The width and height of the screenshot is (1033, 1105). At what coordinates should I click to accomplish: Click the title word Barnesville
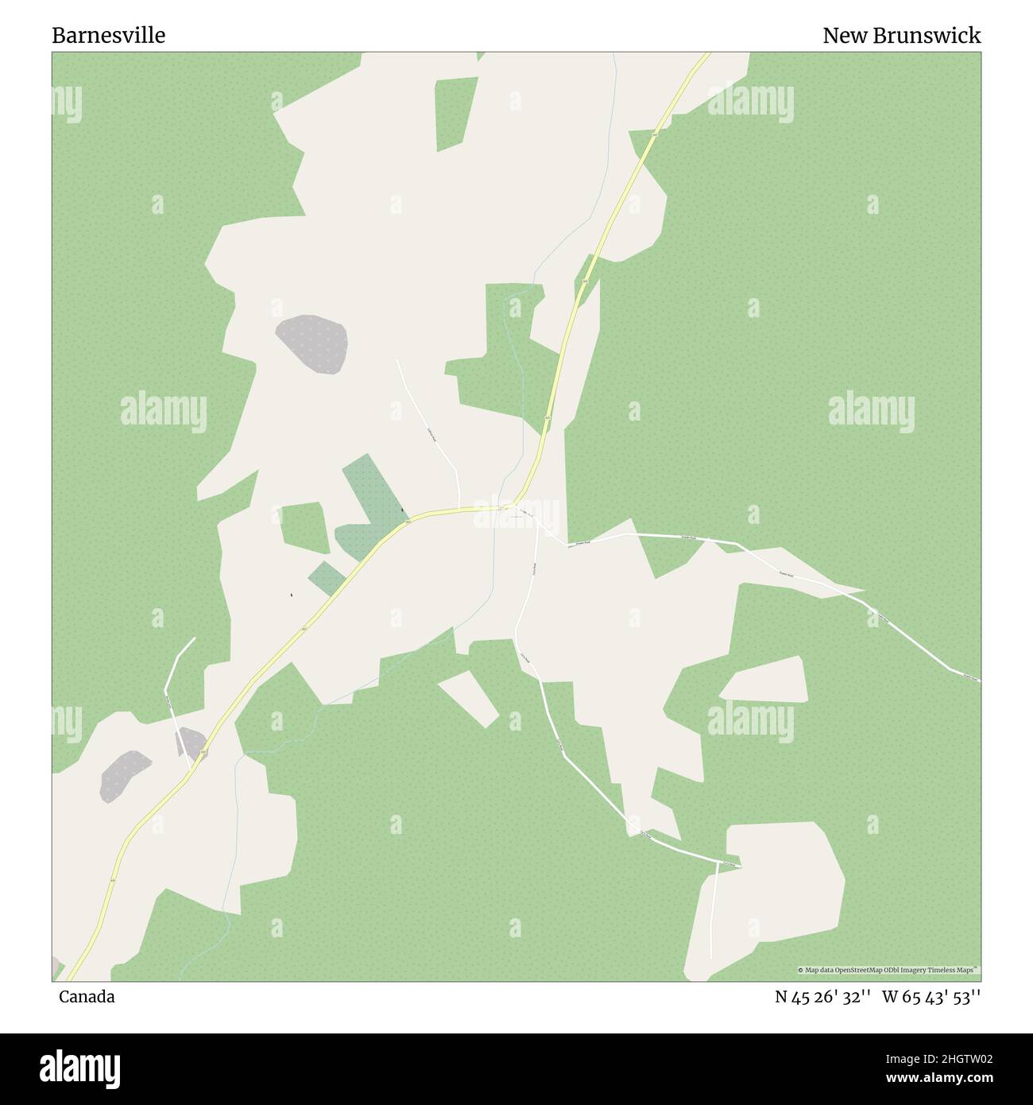109,36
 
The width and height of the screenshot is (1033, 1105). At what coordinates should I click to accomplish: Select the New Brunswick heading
901,36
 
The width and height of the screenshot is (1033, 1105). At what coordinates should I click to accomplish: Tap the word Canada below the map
87,997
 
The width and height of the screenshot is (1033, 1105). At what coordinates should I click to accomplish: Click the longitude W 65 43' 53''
931,997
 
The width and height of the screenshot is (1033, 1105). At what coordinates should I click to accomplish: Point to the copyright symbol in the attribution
801,971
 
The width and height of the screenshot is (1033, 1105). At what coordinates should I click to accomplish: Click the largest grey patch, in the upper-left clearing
312,343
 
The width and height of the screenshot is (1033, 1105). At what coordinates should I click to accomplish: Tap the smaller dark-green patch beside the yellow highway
327,579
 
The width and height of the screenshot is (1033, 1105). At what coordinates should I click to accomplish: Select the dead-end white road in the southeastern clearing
714,906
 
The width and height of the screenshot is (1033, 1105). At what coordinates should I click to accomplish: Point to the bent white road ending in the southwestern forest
175,668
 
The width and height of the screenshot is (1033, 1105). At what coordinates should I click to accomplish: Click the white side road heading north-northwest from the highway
429,429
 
